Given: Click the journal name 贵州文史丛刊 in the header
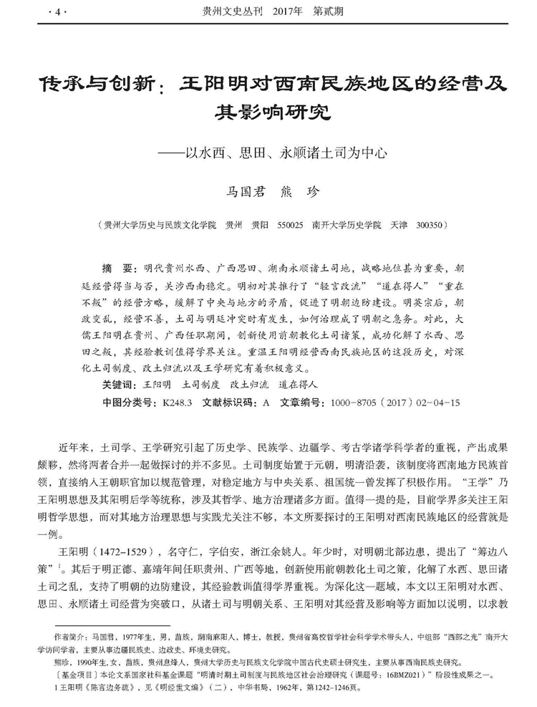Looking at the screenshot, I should coord(228,12).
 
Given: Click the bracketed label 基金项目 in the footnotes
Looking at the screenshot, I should coord(72,677).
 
